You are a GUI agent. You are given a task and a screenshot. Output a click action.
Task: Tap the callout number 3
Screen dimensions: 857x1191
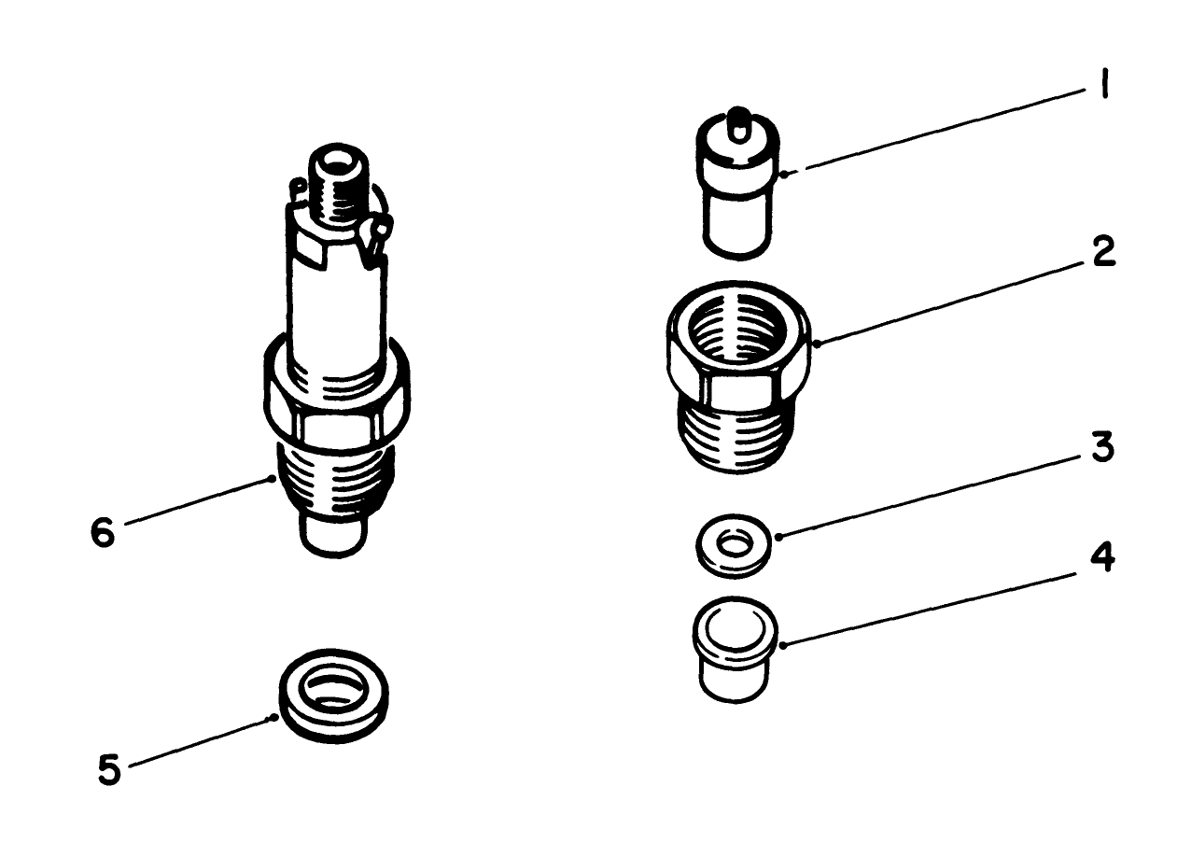1102,447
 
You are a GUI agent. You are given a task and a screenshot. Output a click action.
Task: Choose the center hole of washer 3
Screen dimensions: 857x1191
736,544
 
